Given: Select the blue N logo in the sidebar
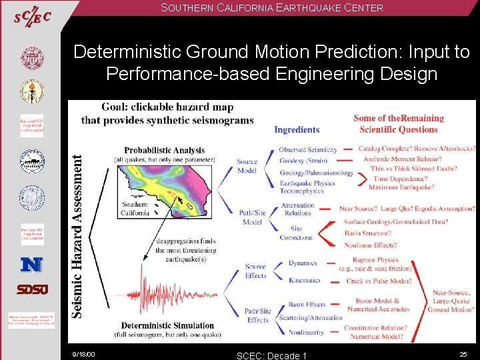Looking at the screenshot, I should click(31, 265).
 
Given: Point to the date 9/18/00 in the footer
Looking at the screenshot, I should click(84, 353).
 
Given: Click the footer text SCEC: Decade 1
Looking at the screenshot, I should click(271, 355).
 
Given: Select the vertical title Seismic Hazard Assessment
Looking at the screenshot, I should click(77, 236).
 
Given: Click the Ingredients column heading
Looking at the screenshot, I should click(297, 129).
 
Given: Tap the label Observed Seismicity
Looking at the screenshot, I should click(307, 149).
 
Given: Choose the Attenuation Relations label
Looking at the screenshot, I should click(297, 209).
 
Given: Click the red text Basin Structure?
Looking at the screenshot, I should click(367, 233).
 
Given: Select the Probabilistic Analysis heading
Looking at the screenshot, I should click(164, 150).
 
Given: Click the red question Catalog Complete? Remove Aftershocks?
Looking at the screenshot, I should click(416, 149).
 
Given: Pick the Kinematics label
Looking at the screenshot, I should click(304, 281).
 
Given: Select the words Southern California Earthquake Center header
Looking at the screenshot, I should click(271, 8).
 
